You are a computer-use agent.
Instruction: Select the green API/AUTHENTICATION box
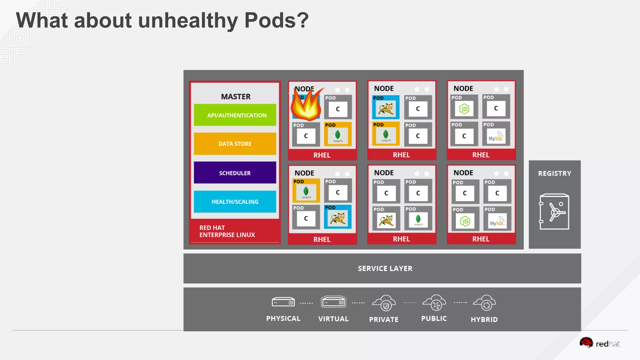(235, 115)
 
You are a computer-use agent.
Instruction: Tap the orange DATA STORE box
(235, 144)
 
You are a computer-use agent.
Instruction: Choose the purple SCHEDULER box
(235, 173)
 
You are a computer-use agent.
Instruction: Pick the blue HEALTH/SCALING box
(235, 202)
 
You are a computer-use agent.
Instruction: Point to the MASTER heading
(236, 97)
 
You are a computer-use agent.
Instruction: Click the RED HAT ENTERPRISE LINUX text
(227, 231)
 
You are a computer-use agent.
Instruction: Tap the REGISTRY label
(554, 173)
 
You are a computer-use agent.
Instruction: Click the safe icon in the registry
(554, 212)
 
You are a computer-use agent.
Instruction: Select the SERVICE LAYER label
(385, 268)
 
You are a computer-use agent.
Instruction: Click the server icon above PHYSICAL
(283, 302)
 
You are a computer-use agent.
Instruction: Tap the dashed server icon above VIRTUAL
(333, 302)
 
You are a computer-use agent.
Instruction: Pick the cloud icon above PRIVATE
(384, 303)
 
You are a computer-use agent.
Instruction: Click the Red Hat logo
(599, 343)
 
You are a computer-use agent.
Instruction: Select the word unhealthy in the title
(188, 21)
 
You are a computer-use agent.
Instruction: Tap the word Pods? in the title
(276, 21)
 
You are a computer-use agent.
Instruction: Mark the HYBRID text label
(484, 319)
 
